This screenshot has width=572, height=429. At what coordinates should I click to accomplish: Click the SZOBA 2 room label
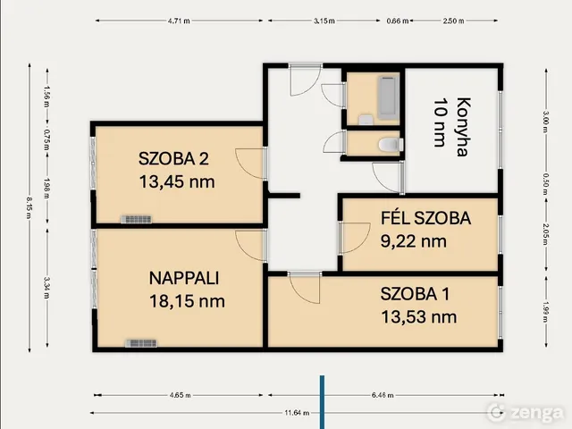[173, 160]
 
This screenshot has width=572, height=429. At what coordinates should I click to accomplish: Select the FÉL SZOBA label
[425, 217]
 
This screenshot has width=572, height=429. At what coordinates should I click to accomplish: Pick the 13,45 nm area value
[176, 182]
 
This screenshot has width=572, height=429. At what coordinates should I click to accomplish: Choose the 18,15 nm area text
[186, 300]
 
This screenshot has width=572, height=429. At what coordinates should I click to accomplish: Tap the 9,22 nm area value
[413, 240]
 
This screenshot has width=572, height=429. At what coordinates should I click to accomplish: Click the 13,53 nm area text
[417, 316]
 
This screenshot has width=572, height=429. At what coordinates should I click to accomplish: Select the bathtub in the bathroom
[387, 98]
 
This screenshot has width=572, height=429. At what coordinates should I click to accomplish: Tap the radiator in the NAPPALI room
[142, 341]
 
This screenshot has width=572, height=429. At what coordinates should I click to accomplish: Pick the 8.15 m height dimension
[29, 206]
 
